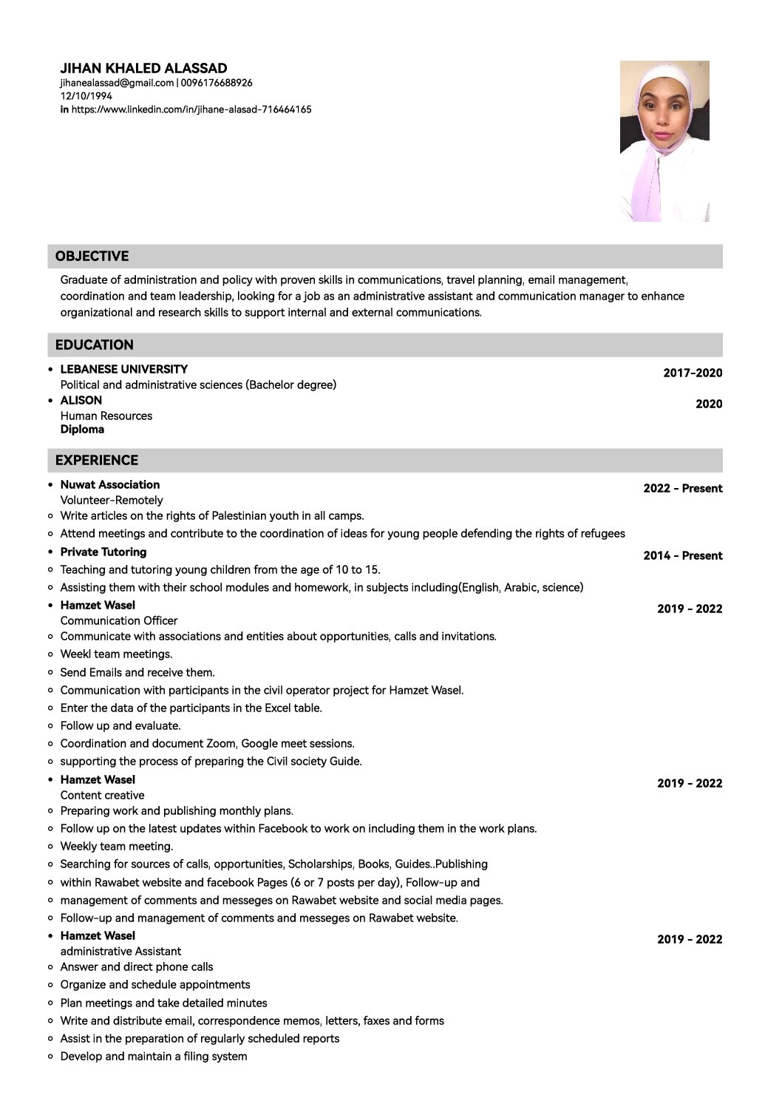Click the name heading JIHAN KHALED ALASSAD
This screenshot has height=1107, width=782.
pyautogui.click(x=143, y=69)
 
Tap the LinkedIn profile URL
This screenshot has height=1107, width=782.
pyautogui.click(x=191, y=109)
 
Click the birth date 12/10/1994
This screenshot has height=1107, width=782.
pyautogui.click(x=86, y=96)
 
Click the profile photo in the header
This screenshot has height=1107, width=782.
pyautogui.click(x=664, y=141)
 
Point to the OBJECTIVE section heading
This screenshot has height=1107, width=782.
pyautogui.click(x=92, y=257)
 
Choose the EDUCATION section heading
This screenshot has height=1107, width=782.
pyautogui.click(x=94, y=345)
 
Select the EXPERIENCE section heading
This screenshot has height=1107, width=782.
pyautogui.click(x=96, y=460)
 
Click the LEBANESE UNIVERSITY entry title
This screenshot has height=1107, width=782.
pyautogui.click(x=123, y=369)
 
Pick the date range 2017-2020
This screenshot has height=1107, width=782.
pyautogui.click(x=692, y=373)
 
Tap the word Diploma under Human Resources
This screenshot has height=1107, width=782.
pyautogui.click(x=82, y=430)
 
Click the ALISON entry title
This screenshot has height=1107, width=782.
pyautogui.click(x=81, y=400)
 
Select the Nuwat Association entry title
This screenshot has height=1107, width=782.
pyautogui.click(x=109, y=484)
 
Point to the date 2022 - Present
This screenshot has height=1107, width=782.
pyautogui.click(x=682, y=488)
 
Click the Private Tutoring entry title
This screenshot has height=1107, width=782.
pyautogui.click(x=103, y=552)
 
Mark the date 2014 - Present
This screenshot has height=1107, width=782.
pyautogui.click(x=682, y=555)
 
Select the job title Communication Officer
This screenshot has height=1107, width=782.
pyautogui.click(x=118, y=620)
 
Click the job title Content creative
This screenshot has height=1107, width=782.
pyautogui.click(x=102, y=795)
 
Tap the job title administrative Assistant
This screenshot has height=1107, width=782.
pyautogui.click(x=120, y=951)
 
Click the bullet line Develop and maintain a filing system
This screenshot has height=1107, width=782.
pyautogui.click(x=153, y=1056)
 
